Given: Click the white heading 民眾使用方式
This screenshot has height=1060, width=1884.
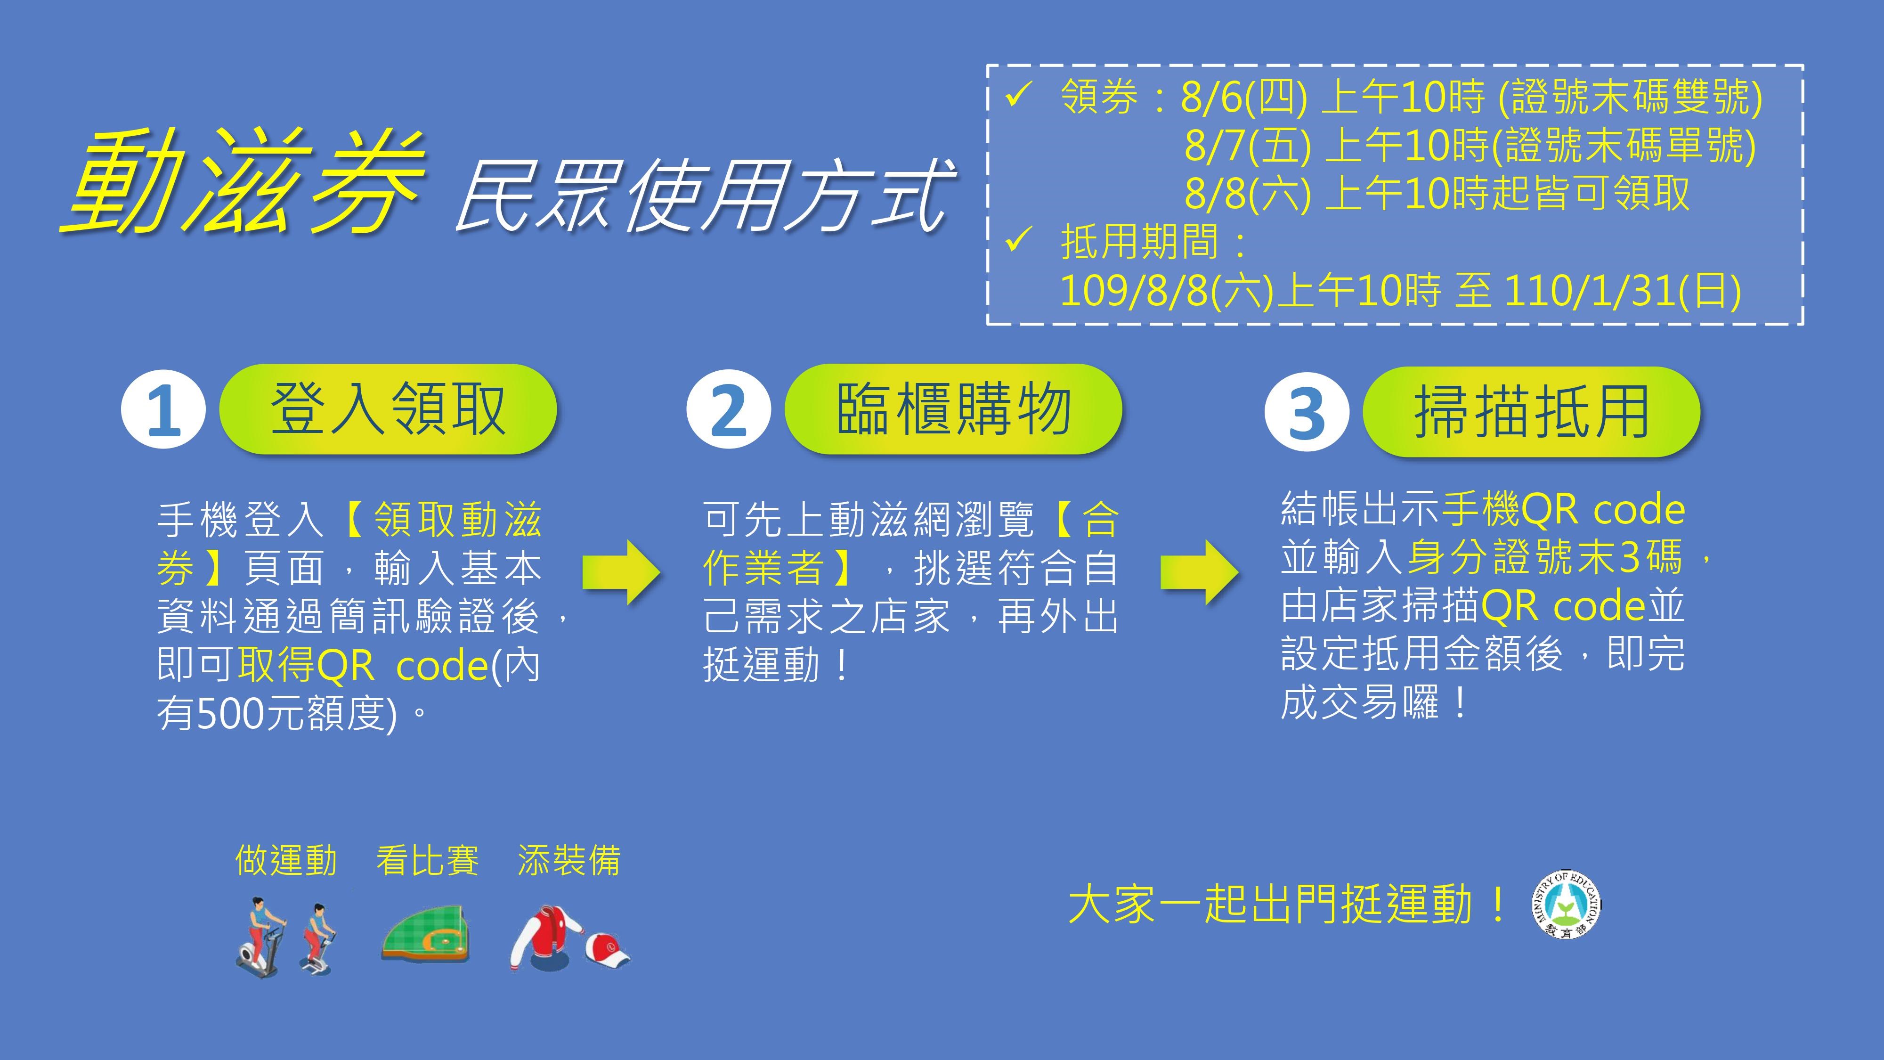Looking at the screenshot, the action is pyautogui.click(x=704, y=196).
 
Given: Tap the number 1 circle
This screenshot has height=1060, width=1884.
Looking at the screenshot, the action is pyautogui.click(x=164, y=410).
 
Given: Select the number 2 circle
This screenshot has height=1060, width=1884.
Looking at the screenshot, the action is pyautogui.click(x=729, y=410).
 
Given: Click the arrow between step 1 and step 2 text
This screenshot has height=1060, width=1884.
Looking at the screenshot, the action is pyautogui.click(x=622, y=572).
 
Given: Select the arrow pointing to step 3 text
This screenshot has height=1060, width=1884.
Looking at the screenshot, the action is pyautogui.click(x=1200, y=572).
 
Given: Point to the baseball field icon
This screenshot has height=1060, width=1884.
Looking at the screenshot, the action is pyautogui.click(x=425, y=933).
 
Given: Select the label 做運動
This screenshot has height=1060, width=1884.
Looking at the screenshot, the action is pyautogui.click(x=286, y=860).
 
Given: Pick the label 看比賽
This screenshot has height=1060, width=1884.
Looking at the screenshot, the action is pyautogui.click(x=428, y=860).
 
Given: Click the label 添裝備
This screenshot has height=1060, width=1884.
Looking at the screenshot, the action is pyautogui.click(x=569, y=860).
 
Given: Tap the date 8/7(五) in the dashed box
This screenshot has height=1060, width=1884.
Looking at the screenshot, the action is pyautogui.click(x=1248, y=146).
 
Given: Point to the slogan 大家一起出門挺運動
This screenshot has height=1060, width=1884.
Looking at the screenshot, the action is pyautogui.click(x=1287, y=905).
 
